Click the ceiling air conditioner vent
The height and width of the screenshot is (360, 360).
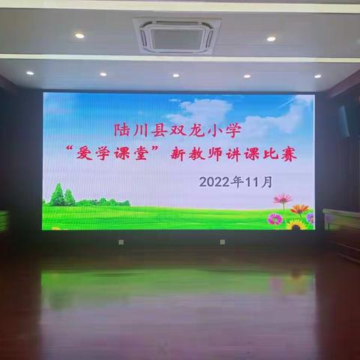177,34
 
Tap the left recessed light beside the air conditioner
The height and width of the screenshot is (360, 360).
79,35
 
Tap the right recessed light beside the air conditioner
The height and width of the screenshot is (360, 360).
271,38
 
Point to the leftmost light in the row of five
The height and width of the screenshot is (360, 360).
30,73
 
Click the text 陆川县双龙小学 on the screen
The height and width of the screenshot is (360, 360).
178,127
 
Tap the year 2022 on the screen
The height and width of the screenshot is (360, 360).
216,181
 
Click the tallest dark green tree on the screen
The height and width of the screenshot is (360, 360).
56,194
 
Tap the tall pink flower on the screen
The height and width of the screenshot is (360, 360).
283,199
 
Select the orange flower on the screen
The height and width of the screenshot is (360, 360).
299,209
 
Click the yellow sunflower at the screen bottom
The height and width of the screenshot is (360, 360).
295,223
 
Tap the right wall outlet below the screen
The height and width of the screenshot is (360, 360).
222,241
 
